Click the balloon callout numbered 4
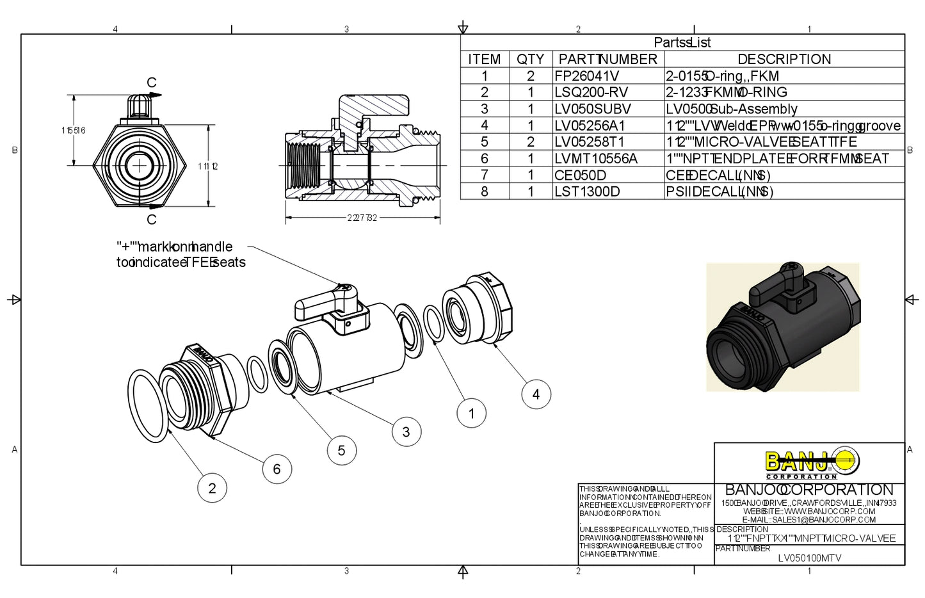pyautogui.click(x=536, y=394)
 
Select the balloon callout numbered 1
pyautogui.click(x=472, y=413)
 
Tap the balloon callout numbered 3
pyautogui.click(x=406, y=432)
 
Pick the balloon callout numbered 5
pyautogui.click(x=341, y=450)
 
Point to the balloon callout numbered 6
pyautogui.click(x=277, y=469)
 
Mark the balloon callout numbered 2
pyautogui.click(x=212, y=488)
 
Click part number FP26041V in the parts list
pyautogui.click(x=586, y=76)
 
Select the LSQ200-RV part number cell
pyautogui.click(x=591, y=92)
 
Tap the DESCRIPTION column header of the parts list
pyautogui.click(x=784, y=60)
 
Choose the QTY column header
pyautogui.click(x=530, y=60)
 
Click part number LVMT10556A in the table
pyautogui.click(x=595, y=158)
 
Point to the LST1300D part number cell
pyautogui.click(x=587, y=191)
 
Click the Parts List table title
pyautogui.click(x=682, y=43)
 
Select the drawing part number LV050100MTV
pyautogui.click(x=809, y=558)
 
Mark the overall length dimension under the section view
pyautogui.click(x=362, y=218)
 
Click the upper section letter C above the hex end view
pyautogui.click(x=152, y=83)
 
